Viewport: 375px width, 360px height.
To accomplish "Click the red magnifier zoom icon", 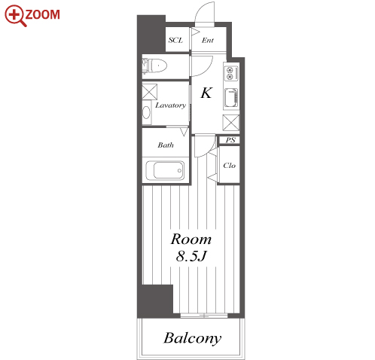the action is point(15,16).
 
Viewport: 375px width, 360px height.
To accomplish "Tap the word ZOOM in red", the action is point(43,14).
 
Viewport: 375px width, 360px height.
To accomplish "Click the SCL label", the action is point(175,40).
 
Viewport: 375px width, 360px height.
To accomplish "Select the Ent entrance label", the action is point(208,40).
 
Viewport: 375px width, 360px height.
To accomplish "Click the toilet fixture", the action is point(155,66).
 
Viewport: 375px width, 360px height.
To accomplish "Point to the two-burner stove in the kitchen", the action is point(231,73).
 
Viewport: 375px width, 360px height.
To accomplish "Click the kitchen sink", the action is point(231,98).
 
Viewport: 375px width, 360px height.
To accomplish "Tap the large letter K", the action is point(206,93).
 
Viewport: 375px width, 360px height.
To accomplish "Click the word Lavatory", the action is point(171,105).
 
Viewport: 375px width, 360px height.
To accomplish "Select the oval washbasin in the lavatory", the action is point(146,112).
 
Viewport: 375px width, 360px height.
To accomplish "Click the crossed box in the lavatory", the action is point(150,92).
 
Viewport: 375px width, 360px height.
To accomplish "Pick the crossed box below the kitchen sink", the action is point(231,123).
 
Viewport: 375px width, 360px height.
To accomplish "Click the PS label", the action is point(230,140).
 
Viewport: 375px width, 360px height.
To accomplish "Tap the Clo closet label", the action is point(229,166).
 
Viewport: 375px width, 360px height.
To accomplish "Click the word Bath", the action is point(166,145).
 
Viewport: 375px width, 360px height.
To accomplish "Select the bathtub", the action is point(165,170).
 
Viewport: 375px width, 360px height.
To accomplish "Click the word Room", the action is point(191,239).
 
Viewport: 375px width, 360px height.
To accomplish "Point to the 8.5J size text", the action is point(191,256).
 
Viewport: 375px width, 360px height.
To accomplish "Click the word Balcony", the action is point(193,338).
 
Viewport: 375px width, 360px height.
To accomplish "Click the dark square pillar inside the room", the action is point(157,299).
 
